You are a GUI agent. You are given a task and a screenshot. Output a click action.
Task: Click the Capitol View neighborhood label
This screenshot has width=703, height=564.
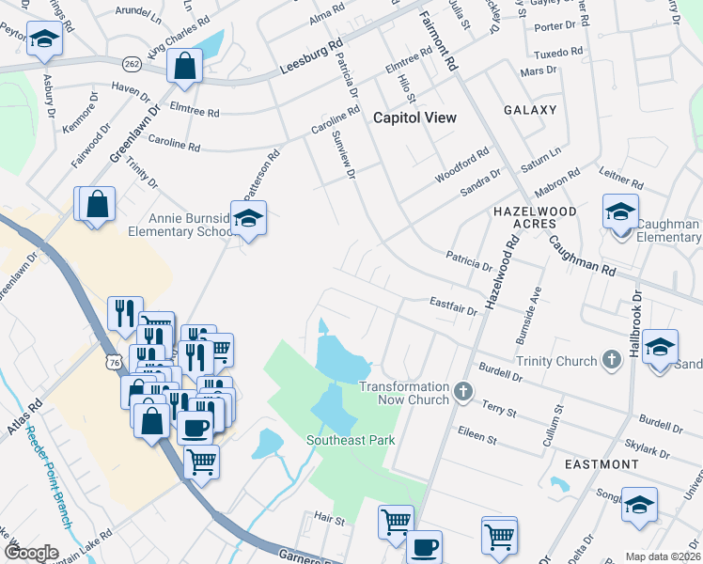pyautogui.click(x=414, y=117)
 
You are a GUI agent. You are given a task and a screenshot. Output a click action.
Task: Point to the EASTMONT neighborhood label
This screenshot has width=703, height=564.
pyautogui.click(x=601, y=464)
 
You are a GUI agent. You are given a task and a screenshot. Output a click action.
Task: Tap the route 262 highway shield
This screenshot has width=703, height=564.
pyautogui.click(x=131, y=63)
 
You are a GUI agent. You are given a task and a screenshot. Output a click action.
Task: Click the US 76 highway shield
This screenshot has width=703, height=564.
pyautogui.click(x=113, y=362)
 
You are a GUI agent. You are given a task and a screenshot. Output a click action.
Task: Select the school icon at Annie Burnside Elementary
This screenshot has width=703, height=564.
pyautogui.click(x=248, y=219)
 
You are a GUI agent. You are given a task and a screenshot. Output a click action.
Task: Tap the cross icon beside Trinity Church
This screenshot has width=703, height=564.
pyautogui.click(x=612, y=360)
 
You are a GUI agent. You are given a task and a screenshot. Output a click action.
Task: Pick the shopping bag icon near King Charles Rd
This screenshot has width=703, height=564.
pyautogui.click(x=184, y=66)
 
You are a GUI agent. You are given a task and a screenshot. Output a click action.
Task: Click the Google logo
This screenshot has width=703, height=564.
pyautogui.click(x=31, y=553)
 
